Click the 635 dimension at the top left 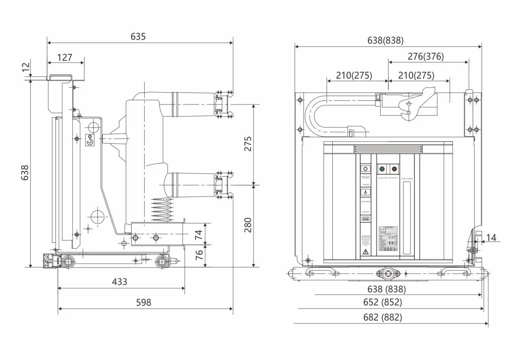click(x=138, y=37)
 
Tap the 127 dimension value click(x=65, y=57)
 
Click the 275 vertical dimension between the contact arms click(x=247, y=144)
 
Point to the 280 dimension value click(x=247, y=225)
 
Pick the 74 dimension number click(x=199, y=234)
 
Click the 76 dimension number click(x=199, y=255)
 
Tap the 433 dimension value click(x=120, y=282)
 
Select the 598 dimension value click(x=144, y=302)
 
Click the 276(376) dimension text click(x=425, y=56)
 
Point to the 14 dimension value click(x=491, y=237)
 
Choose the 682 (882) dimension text click(x=385, y=317)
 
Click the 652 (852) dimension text click(x=385, y=303)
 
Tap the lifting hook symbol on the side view click(x=90, y=140)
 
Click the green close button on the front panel click(x=382, y=169)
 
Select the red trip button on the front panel click(x=394, y=169)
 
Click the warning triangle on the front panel click(x=365, y=251)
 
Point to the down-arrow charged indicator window click(x=366, y=192)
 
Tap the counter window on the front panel click(x=366, y=219)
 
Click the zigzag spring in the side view click(x=162, y=209)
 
